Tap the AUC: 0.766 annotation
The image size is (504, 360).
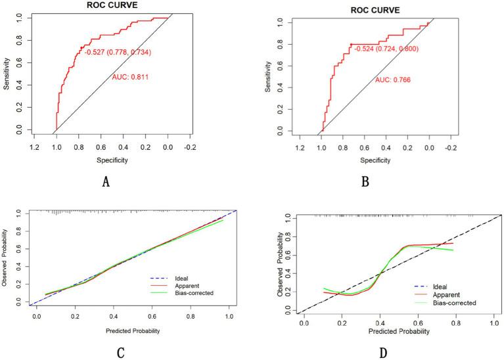(x=392, y=80)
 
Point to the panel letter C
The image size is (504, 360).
(x=120, y=353)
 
